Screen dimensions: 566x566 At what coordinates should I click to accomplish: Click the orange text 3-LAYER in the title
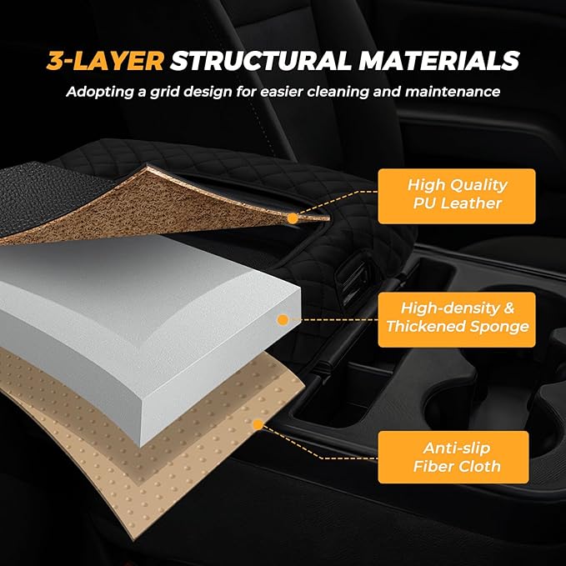coord(105,61)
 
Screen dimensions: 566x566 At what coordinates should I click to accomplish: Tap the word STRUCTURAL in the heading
coord(261,61)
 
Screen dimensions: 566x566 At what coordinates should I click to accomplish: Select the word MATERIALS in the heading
coord(439,61)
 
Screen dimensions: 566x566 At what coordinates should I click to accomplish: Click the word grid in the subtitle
coord(165,92)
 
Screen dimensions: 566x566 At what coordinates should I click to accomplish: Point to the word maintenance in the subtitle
coord(453,92)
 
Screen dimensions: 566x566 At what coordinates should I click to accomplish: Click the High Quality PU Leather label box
coord(457,196)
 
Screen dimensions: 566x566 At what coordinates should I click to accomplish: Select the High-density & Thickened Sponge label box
coord(457,319)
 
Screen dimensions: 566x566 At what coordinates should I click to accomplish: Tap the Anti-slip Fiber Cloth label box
coord(453,457)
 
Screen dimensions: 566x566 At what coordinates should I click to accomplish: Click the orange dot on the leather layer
coord(293,218)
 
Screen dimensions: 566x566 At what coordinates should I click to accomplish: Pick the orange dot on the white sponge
coord(283,320)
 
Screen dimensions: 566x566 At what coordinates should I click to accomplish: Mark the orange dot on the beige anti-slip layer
coord(258,425)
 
